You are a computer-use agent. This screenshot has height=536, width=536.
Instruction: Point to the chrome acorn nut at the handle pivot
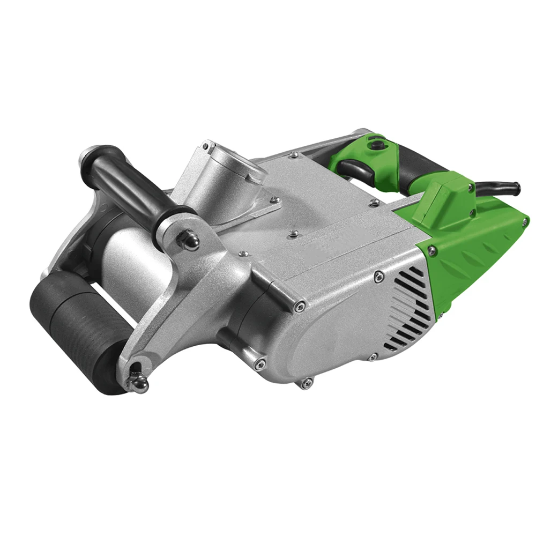(189, 240)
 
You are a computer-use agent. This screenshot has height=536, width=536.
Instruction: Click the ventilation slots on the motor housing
(410, 308)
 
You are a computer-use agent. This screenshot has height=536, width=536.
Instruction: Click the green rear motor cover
(472, 252)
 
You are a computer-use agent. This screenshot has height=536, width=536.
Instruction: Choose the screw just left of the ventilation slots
(379, 277)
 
